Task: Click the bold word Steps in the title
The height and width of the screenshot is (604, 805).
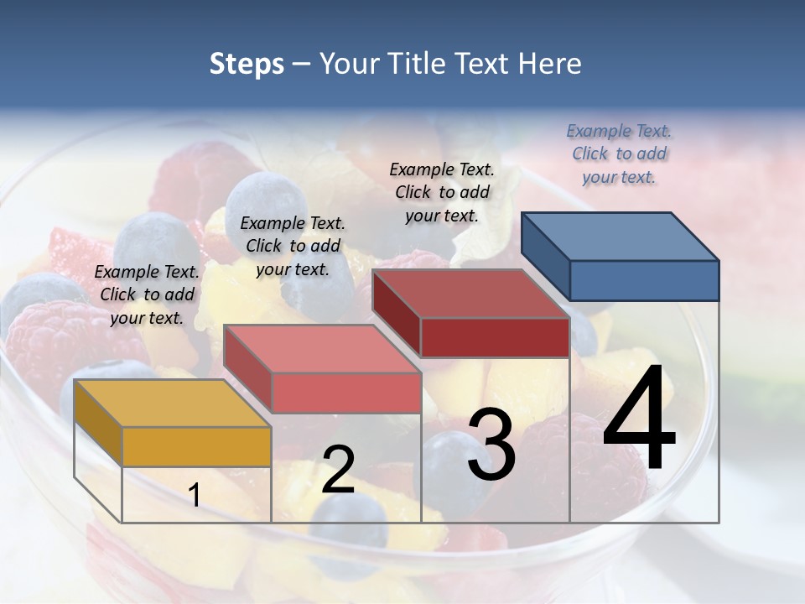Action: coord(247,65)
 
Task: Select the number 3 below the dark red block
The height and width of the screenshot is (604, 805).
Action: coord(491,445)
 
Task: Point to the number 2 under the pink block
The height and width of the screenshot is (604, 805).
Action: coord(338,470)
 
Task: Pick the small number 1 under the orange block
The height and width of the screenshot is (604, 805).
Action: coord(195,495)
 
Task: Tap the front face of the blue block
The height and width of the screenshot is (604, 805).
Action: coord(644,280)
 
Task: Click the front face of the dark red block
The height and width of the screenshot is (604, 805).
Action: coord(495,337)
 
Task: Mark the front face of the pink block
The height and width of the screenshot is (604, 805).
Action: coord(345,393)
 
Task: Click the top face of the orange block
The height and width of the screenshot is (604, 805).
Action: coord(173,404)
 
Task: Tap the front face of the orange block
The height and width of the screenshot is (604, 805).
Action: coord(196,446)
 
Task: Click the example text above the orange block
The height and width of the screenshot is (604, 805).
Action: coord(147,295)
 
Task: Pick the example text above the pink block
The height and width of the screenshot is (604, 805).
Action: coord(293,247)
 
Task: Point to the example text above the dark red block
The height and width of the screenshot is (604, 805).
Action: coord(442,192)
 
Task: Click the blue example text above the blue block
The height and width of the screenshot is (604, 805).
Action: coord(619,154)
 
